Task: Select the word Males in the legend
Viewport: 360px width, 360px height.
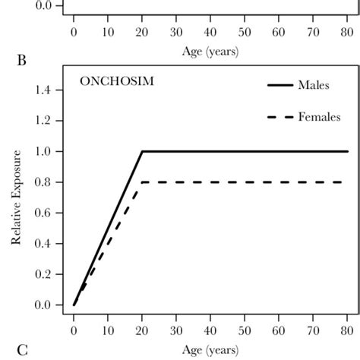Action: coord(314,85)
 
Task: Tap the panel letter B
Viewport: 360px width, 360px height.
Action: coord(21,61)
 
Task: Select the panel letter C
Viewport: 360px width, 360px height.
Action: coord(21,350)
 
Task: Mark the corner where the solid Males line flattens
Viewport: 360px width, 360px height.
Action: coord(142,151)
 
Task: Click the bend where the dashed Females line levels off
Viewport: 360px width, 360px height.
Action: coord(142,182)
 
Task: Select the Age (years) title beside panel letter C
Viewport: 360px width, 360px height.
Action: coord(210,351)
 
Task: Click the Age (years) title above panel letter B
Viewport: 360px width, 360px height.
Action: coord(210,52)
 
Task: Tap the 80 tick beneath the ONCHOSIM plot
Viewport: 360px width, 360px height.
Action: coord(347,332)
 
